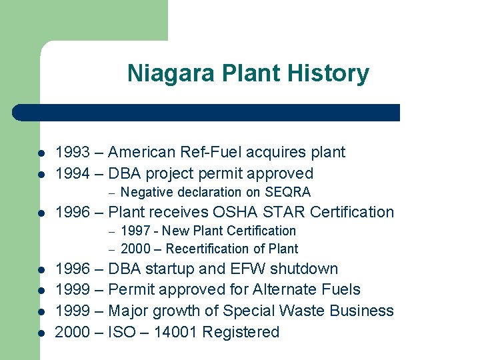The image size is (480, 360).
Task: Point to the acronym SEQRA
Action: tap(288, 193)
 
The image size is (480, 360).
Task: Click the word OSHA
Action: tap(237, 212)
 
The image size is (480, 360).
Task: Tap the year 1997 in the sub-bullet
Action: tap(135, 231)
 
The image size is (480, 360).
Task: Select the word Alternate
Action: tap(283, 290)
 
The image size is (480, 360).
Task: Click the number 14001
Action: tap(176, 332)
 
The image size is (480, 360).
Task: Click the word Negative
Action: tap(147, 193)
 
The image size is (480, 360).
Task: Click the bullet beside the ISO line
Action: tap(41, 333)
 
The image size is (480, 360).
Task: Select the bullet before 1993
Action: tap(41, 153)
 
